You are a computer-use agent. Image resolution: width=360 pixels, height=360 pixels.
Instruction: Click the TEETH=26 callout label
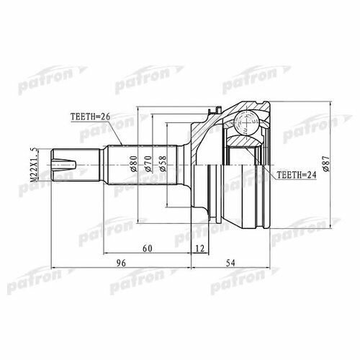pyautogui.click(x=90, y=117)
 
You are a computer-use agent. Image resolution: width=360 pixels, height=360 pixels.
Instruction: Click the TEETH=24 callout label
pyautogui.click(x=297, y=175)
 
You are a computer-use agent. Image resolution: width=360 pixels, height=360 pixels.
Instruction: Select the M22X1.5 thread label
pyautogui.click(x=35, y=165)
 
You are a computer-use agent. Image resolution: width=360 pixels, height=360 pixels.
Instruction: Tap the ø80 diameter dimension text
pyautogui.click(x=134, y=164)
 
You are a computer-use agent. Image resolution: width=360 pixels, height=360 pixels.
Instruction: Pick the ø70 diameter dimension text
pyautogui.click(x=148, y=164)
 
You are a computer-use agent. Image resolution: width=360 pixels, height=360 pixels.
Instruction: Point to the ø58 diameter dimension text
pyautogui.click(x=163, y=164)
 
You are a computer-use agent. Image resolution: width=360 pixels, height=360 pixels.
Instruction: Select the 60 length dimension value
pyautogui.click(x=148, y=248)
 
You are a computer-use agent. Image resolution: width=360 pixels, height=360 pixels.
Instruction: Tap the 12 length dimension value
pyautogui.click(x=200, y=248)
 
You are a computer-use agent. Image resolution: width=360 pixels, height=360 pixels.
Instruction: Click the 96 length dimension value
pyautogui.click(x=121, y=263)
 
